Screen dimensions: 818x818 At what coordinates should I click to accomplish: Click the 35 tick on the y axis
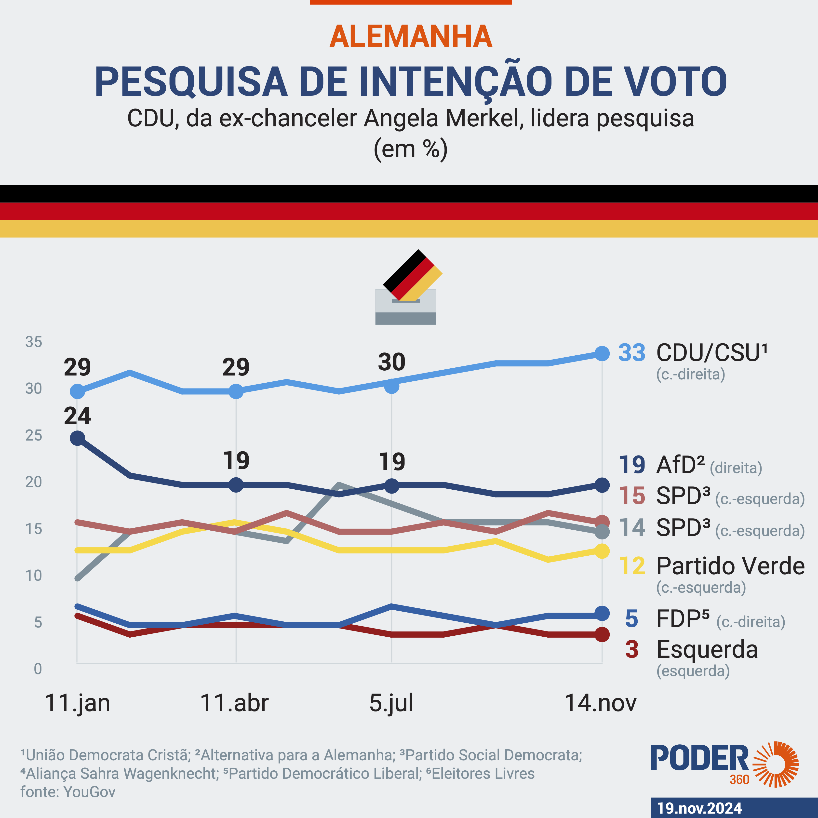point(34,342)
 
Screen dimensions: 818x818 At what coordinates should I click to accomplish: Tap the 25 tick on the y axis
point(34,435)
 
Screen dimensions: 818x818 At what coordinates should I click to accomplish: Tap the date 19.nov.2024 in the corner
point(699,808)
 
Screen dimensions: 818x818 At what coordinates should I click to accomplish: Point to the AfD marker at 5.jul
point(392,485)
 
